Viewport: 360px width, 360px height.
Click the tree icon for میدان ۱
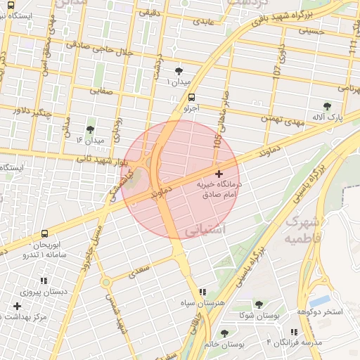[x=180, y=71]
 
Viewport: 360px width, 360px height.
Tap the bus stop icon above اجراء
[x=192, y=98]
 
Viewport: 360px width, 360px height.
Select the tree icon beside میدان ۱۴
[x=90, y=129]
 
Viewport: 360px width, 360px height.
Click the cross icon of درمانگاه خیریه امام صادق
[x=218, y=173]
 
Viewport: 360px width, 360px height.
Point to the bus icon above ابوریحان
[x=45, y=233]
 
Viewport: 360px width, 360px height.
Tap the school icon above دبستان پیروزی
[x=44, y=280]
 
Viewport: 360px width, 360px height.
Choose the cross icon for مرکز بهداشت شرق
[x=17, y=306]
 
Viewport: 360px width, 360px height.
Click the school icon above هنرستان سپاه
[x=202, y=292]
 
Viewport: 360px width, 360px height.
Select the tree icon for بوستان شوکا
[x=259, y=304]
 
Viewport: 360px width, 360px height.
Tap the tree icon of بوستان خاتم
[x=224, y=333]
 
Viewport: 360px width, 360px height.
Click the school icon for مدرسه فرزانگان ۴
[x=294, y=331]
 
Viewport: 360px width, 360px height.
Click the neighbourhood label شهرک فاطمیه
[x=303, y=230]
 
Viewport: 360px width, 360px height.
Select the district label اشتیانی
[x=204, y=231]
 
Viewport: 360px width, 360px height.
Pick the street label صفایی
[x=102, y=90]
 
